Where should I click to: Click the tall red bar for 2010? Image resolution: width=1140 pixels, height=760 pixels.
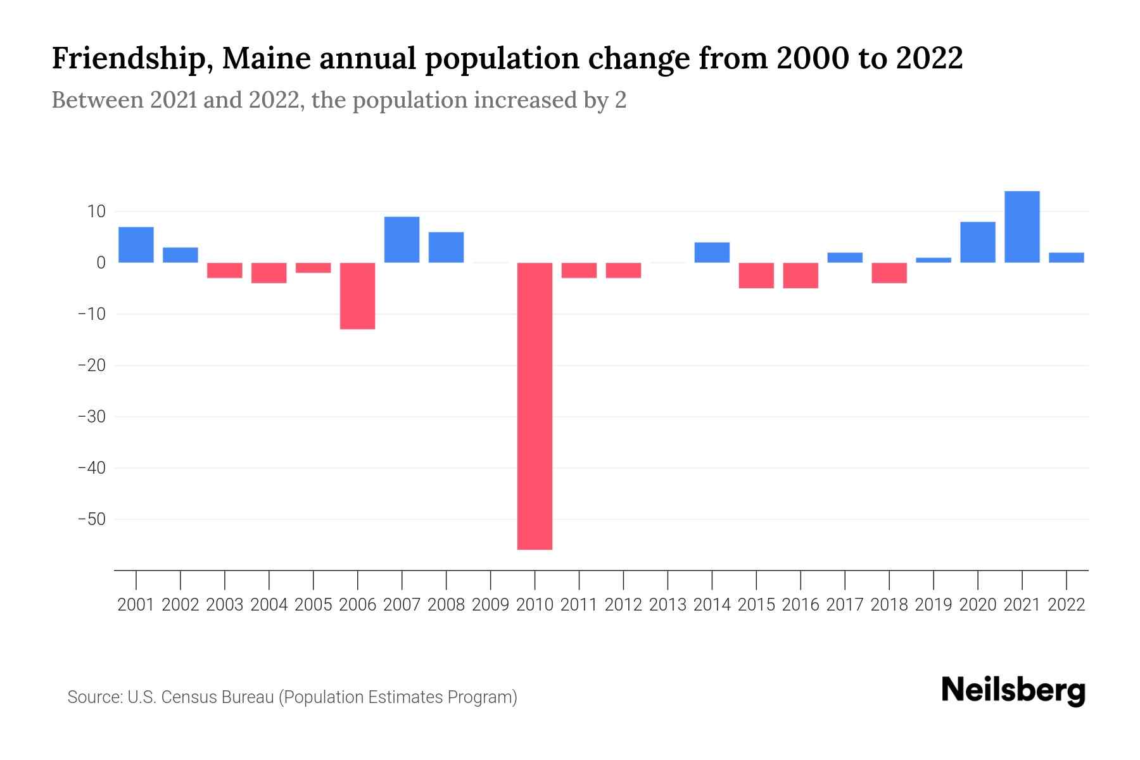point(535,405)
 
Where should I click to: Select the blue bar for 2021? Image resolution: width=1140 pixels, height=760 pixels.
point(1022,227)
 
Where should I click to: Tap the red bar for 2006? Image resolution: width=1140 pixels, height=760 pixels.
point(357,296)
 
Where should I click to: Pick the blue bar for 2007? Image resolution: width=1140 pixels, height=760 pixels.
point(402,239)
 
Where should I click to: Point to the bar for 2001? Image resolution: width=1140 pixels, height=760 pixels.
point(136,244)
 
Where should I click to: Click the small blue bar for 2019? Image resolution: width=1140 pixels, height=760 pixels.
point(933,260)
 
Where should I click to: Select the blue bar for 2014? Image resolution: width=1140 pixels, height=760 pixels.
point(712,252)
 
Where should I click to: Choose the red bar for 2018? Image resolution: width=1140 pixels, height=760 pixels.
point(889,273)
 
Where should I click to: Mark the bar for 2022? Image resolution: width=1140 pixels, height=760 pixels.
point(1066,257)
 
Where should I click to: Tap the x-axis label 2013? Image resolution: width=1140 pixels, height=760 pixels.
point(668,605)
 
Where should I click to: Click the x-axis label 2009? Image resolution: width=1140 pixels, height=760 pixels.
point(490,605)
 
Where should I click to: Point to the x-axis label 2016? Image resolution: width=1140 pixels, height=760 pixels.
point(801,605)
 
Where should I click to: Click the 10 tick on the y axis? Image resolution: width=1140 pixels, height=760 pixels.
point(96,211)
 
